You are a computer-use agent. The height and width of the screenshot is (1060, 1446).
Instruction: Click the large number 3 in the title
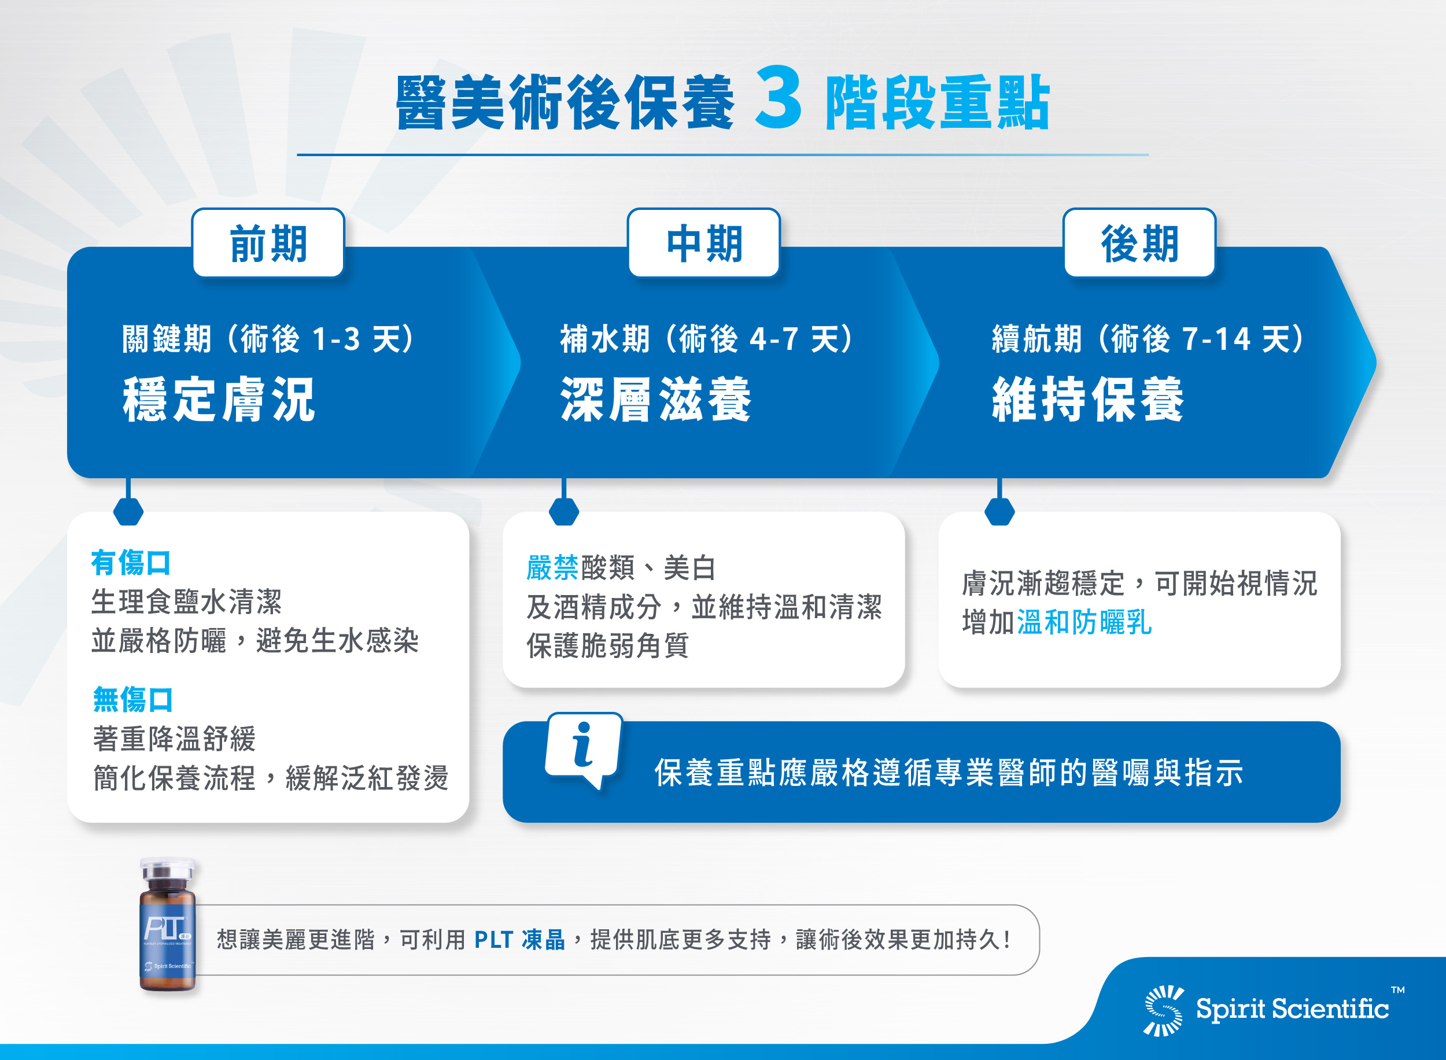coord(778,98)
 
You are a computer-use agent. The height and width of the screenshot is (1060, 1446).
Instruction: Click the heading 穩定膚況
coord(219,399)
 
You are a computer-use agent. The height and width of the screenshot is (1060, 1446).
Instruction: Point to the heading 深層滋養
coord(656,399)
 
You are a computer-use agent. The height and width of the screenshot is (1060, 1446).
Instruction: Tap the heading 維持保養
coord(1089,399)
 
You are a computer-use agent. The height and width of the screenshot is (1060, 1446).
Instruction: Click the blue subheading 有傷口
coord(131,563)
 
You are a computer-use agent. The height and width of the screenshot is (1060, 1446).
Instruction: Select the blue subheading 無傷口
coord(133,699)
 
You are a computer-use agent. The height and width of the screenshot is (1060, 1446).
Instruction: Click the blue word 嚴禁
coord(552,568)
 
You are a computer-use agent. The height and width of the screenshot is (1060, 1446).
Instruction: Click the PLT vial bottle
coord(168,926)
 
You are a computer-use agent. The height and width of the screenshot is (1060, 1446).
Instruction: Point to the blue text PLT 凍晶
coord(520,940)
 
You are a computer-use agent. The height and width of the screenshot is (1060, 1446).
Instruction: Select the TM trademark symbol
coord(1398,990)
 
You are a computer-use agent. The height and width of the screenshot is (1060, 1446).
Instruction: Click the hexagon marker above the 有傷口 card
coord(128,511)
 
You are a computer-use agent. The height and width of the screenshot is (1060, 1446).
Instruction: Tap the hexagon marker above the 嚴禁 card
coord(564,511)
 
